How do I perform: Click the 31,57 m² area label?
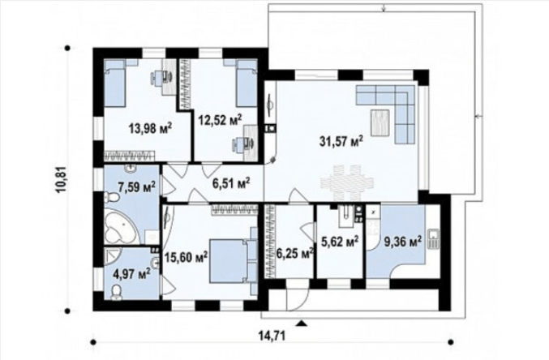[x=341, y=141]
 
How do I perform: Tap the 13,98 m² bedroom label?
[x=150, y=127]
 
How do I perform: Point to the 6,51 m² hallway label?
[x=231, y=182]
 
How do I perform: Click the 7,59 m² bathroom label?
[x=137, y=186]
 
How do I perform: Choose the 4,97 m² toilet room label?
[x=131, y=272]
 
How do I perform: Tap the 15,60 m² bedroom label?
[x=186, y=257]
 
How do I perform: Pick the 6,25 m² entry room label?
[x=294, y=253]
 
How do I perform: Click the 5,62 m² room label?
[x=340, y=242]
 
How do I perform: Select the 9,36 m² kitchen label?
[x=403, y=242]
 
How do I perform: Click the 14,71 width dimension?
[x=272, y=336]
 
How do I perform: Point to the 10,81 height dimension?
[x=62, y=179]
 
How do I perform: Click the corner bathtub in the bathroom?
[x=120, y=226]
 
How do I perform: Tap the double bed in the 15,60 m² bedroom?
[x=233, y=261]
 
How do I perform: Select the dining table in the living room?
[x=347, y=182]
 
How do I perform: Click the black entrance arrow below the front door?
[x=301, y=323]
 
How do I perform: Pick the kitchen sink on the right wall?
[x=434, y=239]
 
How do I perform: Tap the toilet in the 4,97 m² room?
[x=116, y=293]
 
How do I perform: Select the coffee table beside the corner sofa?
[x=380, y=122]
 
